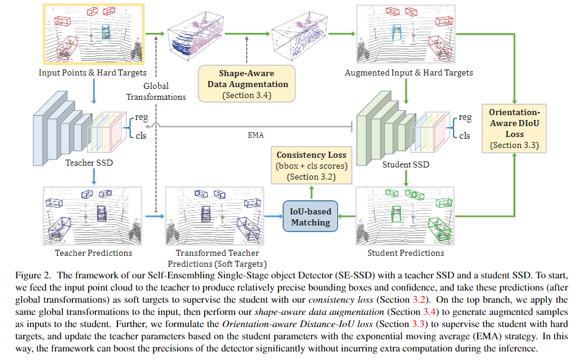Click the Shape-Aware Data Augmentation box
247,83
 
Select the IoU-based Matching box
311,217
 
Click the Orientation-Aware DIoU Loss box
515,129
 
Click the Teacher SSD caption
90,163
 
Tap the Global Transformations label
157,91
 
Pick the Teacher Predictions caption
93,252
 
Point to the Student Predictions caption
406,252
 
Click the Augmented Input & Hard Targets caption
408,73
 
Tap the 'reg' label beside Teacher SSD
141,116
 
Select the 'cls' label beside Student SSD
464,136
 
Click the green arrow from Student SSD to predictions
406,177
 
